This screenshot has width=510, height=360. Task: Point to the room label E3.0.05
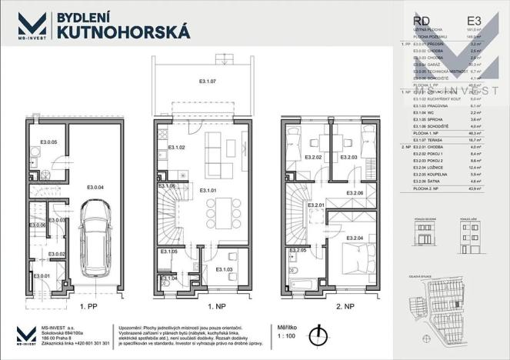[x=49, y=142]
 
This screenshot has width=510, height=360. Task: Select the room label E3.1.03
[x=224, y=269]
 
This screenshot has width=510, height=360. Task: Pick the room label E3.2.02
[x=312, y=158]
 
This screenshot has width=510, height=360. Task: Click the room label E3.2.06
[x=355, y=192]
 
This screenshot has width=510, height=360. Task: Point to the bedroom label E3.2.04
[x=355, y=238]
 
